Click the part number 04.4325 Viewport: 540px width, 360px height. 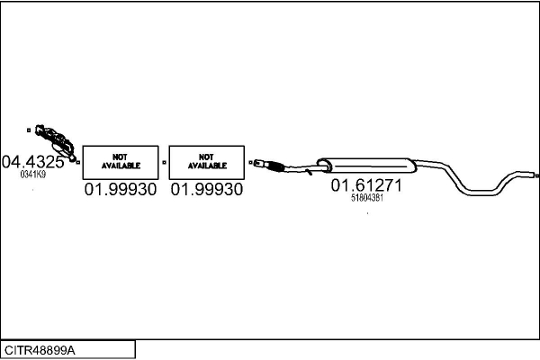33,162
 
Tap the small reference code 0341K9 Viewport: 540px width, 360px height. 33,175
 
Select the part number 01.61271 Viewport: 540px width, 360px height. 366,185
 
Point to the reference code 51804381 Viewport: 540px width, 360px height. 367,198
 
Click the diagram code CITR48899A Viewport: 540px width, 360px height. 40,350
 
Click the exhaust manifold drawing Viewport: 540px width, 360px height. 56,142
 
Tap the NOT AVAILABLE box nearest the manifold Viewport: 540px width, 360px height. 121,162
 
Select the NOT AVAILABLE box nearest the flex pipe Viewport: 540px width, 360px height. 207,162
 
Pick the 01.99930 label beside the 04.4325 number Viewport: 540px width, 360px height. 121,190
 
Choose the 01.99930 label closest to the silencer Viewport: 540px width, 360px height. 207,190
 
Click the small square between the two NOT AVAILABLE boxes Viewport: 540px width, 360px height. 164,162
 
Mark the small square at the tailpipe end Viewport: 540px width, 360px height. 537,175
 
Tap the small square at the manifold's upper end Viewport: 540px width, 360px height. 29,130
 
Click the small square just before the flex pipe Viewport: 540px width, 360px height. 250,162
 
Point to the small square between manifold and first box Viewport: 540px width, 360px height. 78,162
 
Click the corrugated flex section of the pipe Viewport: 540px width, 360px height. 274,166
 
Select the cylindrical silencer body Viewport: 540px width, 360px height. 366,166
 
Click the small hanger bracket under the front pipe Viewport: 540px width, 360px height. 309,171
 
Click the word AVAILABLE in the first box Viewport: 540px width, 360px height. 121,166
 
